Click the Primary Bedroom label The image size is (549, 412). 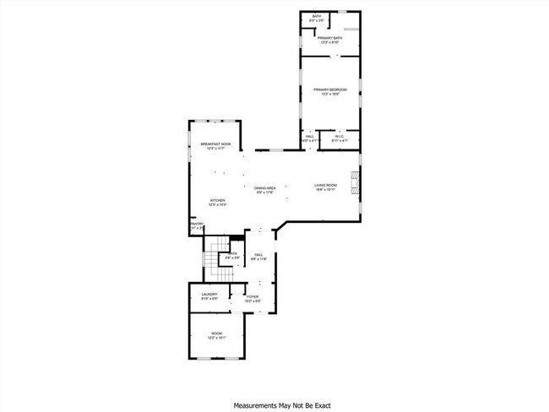[330, 89]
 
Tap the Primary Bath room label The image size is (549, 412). [329, 38]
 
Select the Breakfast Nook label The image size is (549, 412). [216, 144]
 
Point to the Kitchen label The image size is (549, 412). [218, 200]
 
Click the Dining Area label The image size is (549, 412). [265, 187]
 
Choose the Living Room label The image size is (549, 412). [326, 185]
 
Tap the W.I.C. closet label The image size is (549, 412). [339, 136]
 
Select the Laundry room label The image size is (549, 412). [209, 295]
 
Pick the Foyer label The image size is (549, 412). [252, 296]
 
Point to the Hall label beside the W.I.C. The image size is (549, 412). [310, 136]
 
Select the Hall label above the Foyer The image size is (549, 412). [258, 254]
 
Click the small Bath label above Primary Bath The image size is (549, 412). [317, 16]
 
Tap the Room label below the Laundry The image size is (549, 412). [216, 333]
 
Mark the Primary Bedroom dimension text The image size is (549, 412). [330, 94]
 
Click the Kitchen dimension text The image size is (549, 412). [218, 205]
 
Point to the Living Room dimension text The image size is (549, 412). [326, 190]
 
